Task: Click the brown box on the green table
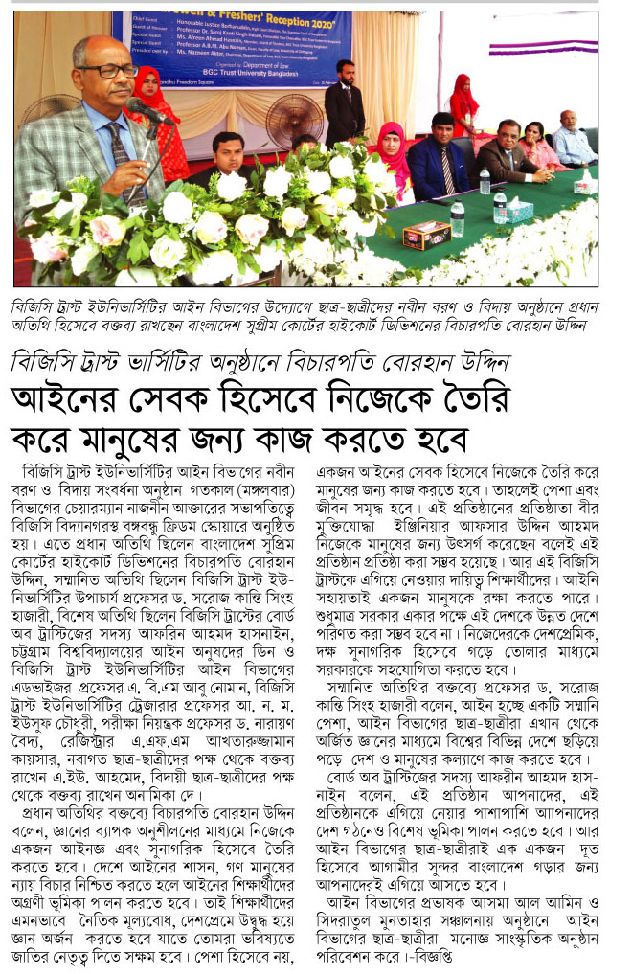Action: (428, 235)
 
